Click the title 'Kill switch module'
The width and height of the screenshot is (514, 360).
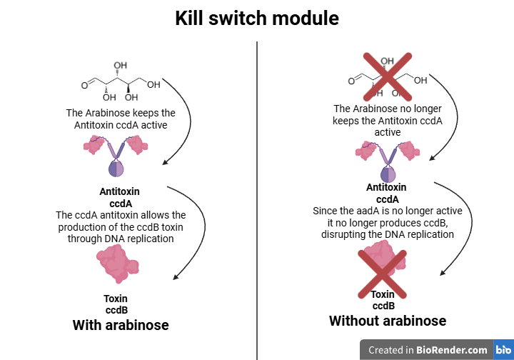[x=257, y=19]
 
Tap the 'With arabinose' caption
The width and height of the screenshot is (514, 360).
[x=121, y=325]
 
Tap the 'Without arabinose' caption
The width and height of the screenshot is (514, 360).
[x=388, y=321]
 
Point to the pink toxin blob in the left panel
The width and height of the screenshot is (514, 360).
[x=117, y=265]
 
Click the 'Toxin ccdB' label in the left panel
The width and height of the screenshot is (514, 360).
[x=116, y=304]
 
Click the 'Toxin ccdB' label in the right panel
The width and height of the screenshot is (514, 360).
[x=383, y=300]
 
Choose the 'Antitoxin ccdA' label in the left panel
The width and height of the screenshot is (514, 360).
[x=119, y=197]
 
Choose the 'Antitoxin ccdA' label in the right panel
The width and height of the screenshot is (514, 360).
[x=386, y=194]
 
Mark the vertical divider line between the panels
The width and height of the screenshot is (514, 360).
[x=257, y=200]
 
